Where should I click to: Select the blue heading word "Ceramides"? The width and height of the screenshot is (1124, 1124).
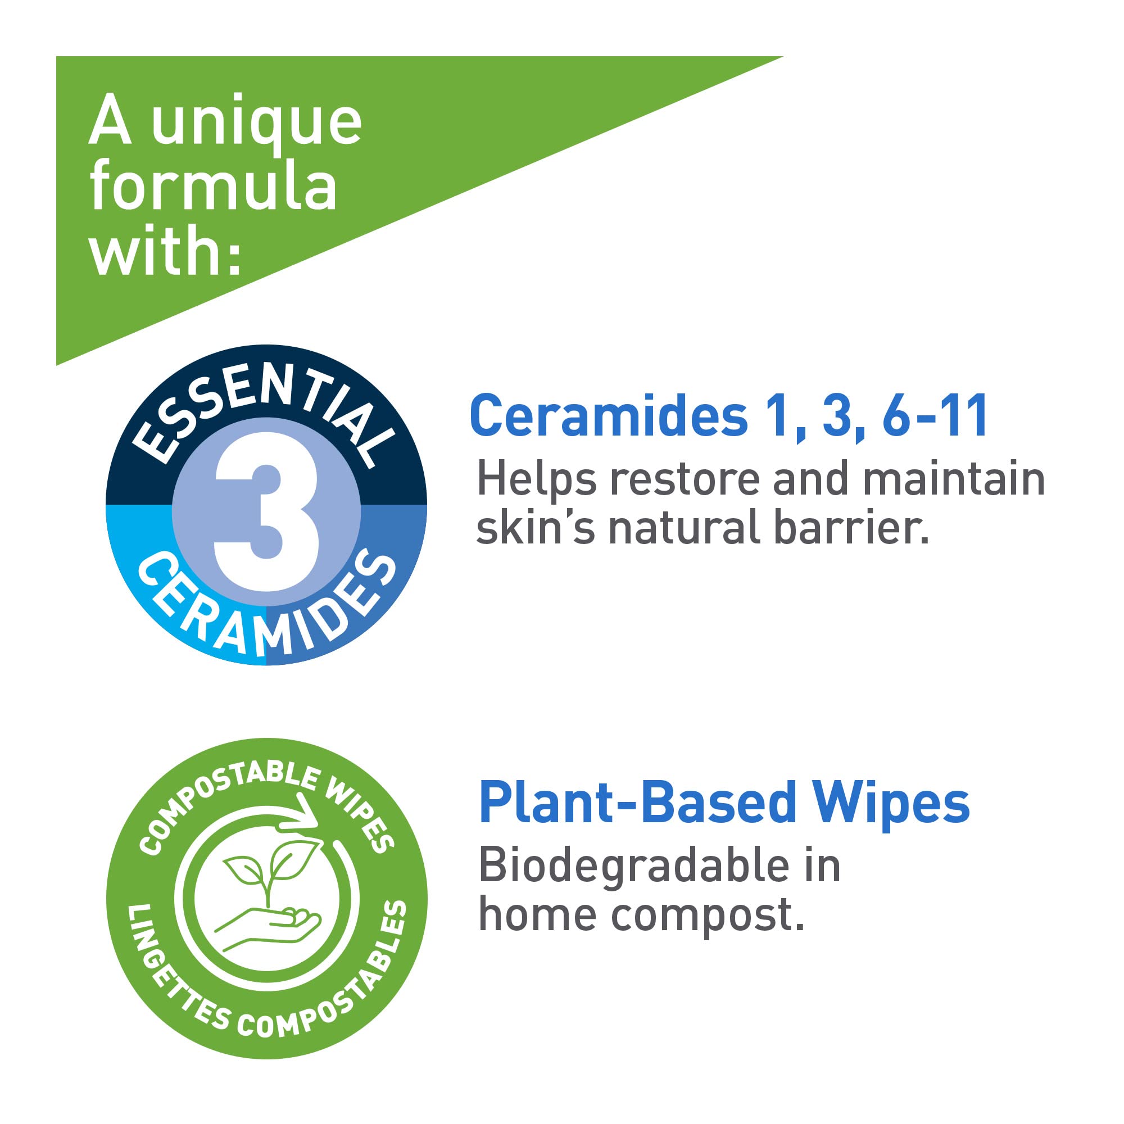tap(609, 415)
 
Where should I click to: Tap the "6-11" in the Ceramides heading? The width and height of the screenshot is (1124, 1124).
tap(935, 415)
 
